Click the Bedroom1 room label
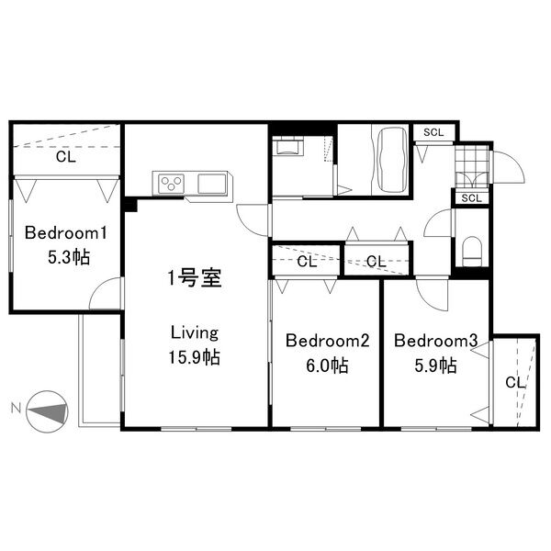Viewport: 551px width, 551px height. pos(60,232)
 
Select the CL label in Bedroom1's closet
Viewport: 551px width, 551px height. pos(64,157)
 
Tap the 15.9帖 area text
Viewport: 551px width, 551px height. pos(194,357)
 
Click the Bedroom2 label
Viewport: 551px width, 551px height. pos(327,342)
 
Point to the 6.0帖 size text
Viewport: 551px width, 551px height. pos(327,365)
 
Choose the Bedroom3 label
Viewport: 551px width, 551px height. pos(435,342)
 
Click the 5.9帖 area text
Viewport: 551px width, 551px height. pos(435,365)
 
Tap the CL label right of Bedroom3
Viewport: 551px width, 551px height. pos(514,382)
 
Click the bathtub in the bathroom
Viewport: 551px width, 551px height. pos(388,158)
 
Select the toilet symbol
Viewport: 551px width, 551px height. pos(472,249)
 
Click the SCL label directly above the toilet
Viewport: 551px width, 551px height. pos(471,197)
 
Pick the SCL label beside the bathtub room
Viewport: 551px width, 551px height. pos(433,132)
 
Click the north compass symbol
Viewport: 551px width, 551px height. pos(47,410)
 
